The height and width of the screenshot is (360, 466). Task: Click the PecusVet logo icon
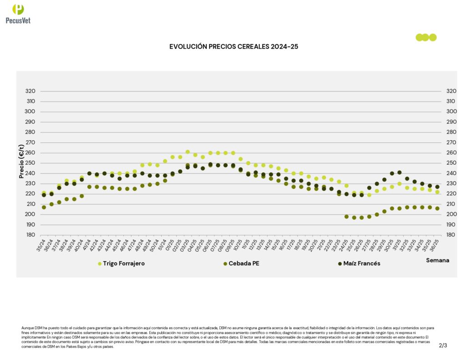tap(18, 10)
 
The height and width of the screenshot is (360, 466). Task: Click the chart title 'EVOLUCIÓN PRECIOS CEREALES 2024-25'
tap(233, 46)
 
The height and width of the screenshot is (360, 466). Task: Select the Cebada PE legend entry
tap(244, 264)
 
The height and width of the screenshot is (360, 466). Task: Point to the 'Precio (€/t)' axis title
tap(21, 161)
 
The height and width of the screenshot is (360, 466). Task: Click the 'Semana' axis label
tap(437, 260)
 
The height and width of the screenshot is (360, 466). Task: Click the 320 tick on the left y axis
tap(30, 91)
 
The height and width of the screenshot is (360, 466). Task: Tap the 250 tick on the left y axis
tap(30, 163)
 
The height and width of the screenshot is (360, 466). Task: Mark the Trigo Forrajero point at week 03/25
tap(187, 152)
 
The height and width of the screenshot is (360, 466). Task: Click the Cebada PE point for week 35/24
tap(44, 207)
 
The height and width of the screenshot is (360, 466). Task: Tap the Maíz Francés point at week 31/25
tap(400, 172)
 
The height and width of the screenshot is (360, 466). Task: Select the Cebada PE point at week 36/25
tap(437, 208)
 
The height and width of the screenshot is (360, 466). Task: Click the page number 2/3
tap(443, 345)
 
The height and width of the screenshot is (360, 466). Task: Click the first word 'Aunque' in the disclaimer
tap(27, 328)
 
